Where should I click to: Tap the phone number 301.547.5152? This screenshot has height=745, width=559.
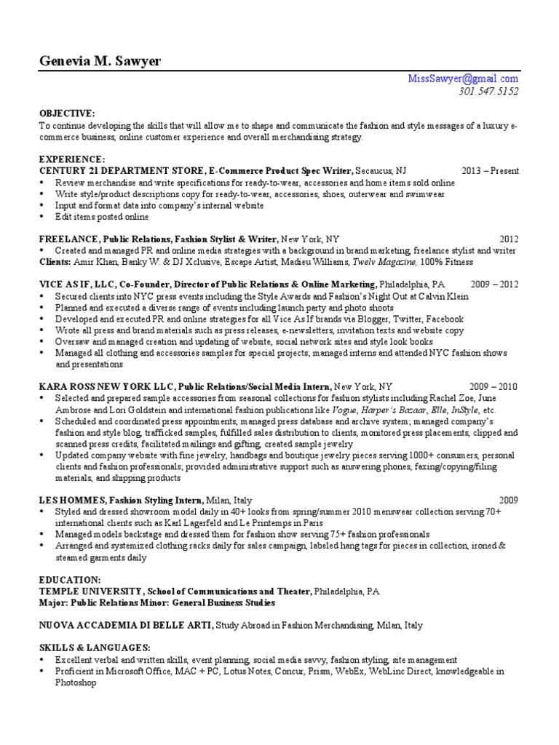coord(488,91)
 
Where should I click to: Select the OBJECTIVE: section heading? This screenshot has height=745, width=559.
coord(67,114)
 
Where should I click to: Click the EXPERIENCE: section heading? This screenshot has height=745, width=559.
coord(71,159)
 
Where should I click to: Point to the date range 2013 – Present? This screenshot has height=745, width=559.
coord(490,171)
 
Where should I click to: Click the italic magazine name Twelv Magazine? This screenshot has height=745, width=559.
coord(390,262)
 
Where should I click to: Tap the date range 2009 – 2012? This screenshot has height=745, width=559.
coord(494,284)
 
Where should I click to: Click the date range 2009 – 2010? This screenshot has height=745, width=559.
coord(494,387)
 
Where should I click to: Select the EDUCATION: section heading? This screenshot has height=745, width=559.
coord(70,580)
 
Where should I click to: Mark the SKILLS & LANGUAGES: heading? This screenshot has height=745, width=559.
coord(95,648)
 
